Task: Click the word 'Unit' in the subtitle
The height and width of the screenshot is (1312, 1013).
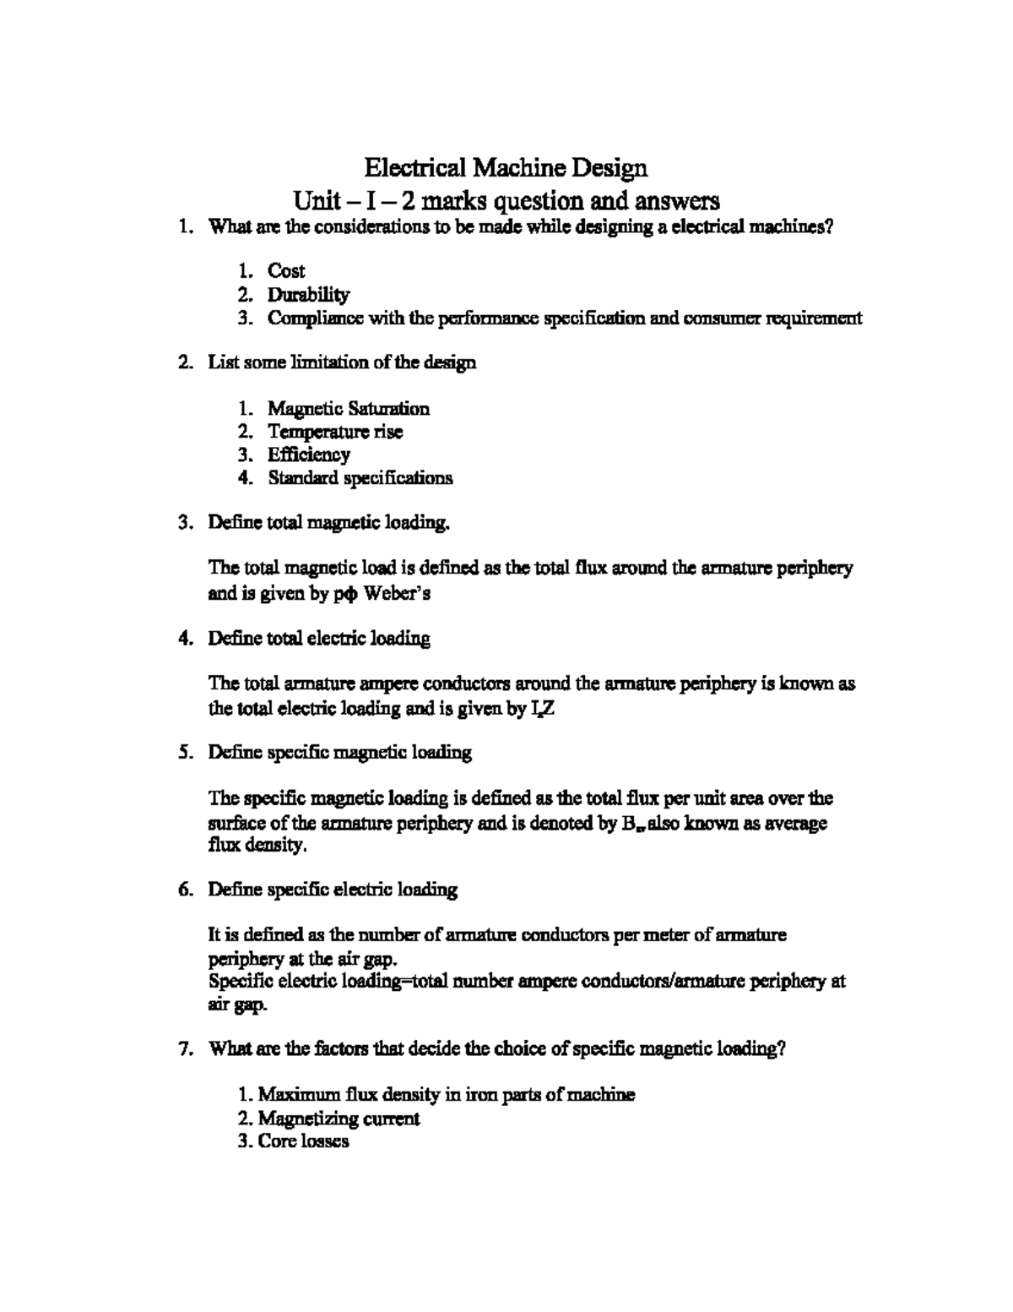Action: pos(313,201)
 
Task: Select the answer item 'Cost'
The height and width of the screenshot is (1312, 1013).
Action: pos(286,271)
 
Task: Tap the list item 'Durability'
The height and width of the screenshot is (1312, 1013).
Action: pos(308,295)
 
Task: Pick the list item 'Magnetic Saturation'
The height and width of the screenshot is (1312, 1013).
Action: pos(349,409)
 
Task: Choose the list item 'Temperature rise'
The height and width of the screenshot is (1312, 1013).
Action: pos(335,432)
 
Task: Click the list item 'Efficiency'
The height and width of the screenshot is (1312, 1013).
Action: pos(308,455)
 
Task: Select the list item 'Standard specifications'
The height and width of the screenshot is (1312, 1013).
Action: pos(360,478)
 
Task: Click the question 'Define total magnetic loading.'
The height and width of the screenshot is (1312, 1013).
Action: pos(329,523)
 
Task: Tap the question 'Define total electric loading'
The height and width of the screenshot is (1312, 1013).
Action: pos(319,638)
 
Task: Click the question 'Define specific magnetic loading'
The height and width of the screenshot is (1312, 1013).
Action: pos(340,752)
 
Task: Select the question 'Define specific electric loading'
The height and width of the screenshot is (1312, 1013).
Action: pos(333,889)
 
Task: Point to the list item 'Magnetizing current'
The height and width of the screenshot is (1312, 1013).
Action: pos(339,1119)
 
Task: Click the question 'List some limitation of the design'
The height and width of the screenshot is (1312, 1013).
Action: pos(342,362)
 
